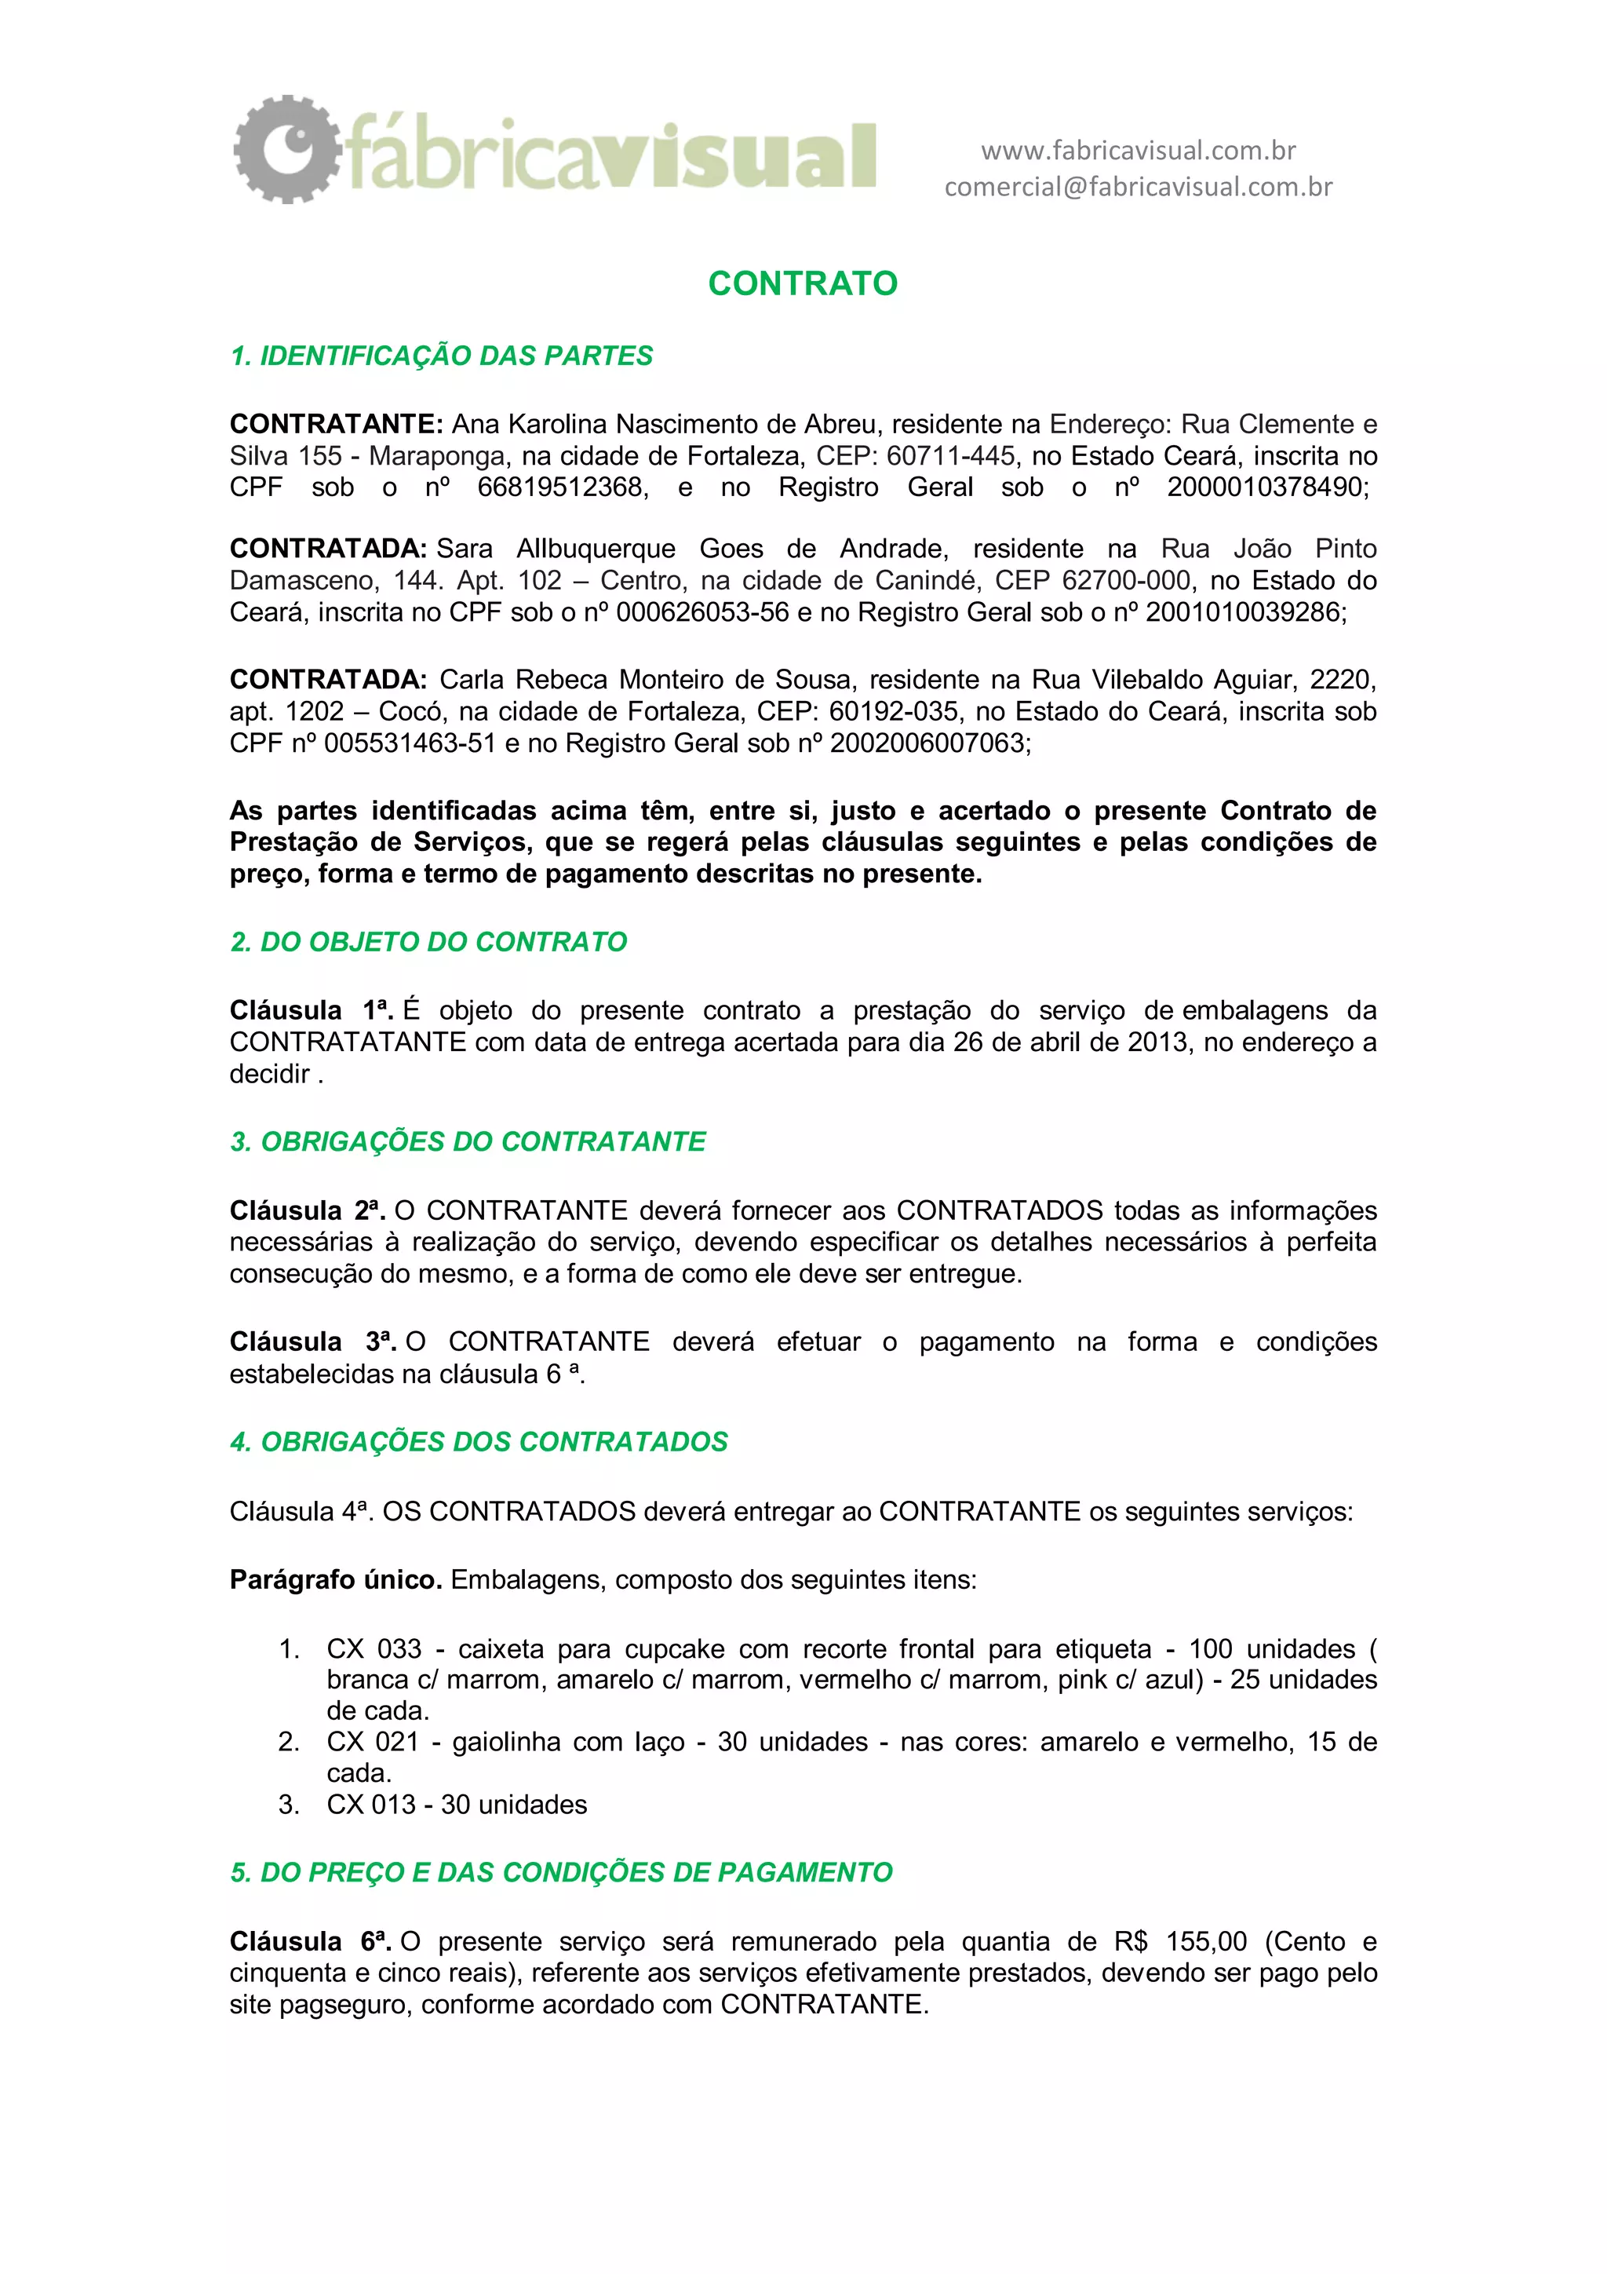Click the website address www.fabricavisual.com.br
(x=1138, y=151)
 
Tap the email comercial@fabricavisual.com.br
(x=1138, y=187)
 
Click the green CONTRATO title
(x=802, y=284)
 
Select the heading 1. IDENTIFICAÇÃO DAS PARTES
(x=441, y=356)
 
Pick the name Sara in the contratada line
(x=465, y=549)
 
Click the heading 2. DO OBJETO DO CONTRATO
(x=428, y=942)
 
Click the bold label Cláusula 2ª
(x=307, y=1210)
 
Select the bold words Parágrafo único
(x=336, y=1580)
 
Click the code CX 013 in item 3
(x=370, y=1805)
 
